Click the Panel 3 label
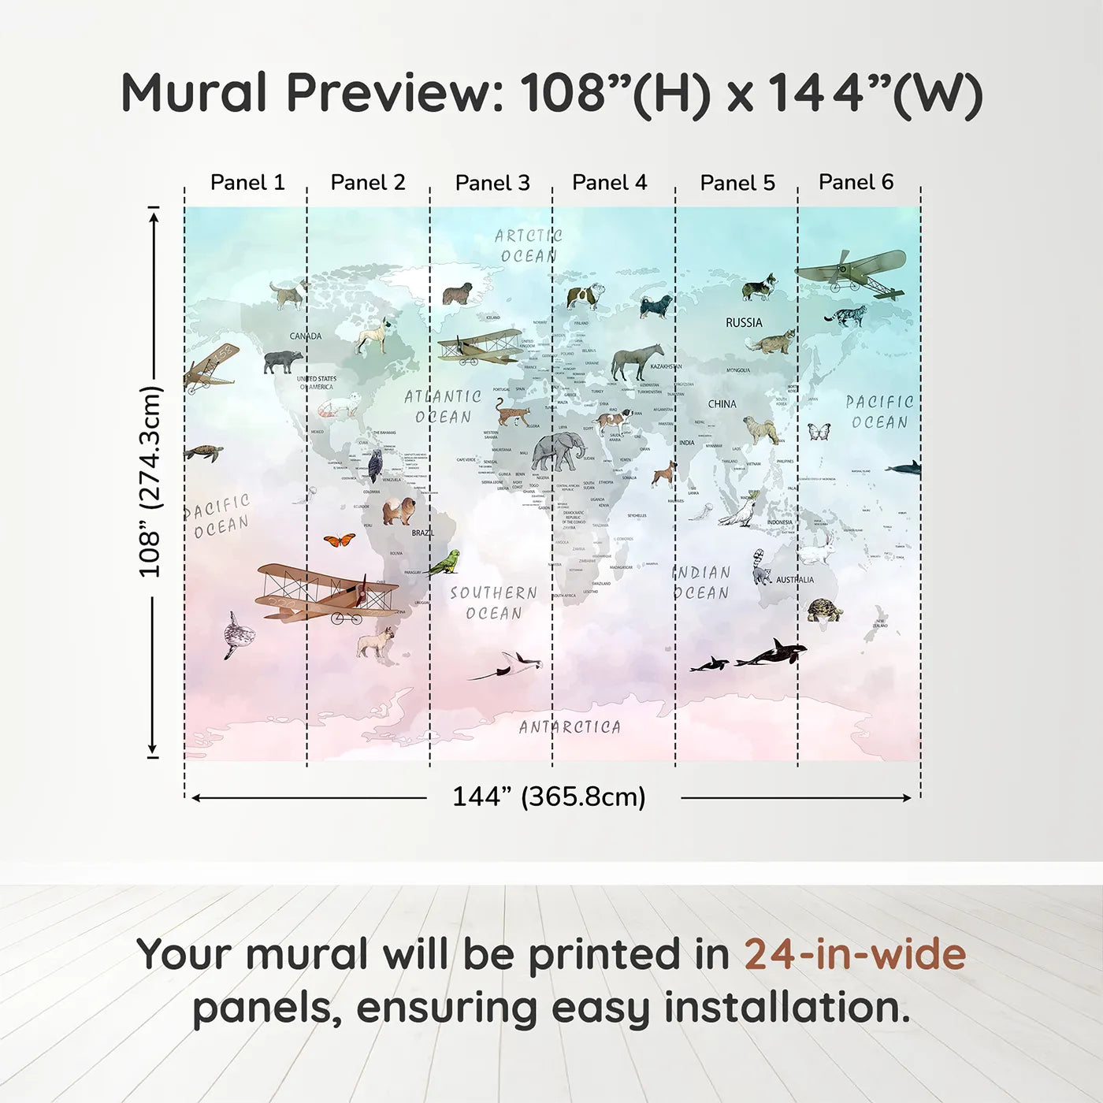click(492, 183)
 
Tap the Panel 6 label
click(856, 182)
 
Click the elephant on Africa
click(558, 453)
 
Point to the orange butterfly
click(339, 540)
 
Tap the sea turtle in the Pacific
click(204, 453)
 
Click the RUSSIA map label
click(744, 322)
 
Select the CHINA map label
click(722, 404)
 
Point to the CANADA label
click(305, 336)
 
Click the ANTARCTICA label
click(570, 727)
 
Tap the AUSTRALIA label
click(795, 580)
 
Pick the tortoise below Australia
click(824, 611)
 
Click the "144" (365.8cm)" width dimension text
click(548, 797)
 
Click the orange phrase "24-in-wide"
click(855, 955)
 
